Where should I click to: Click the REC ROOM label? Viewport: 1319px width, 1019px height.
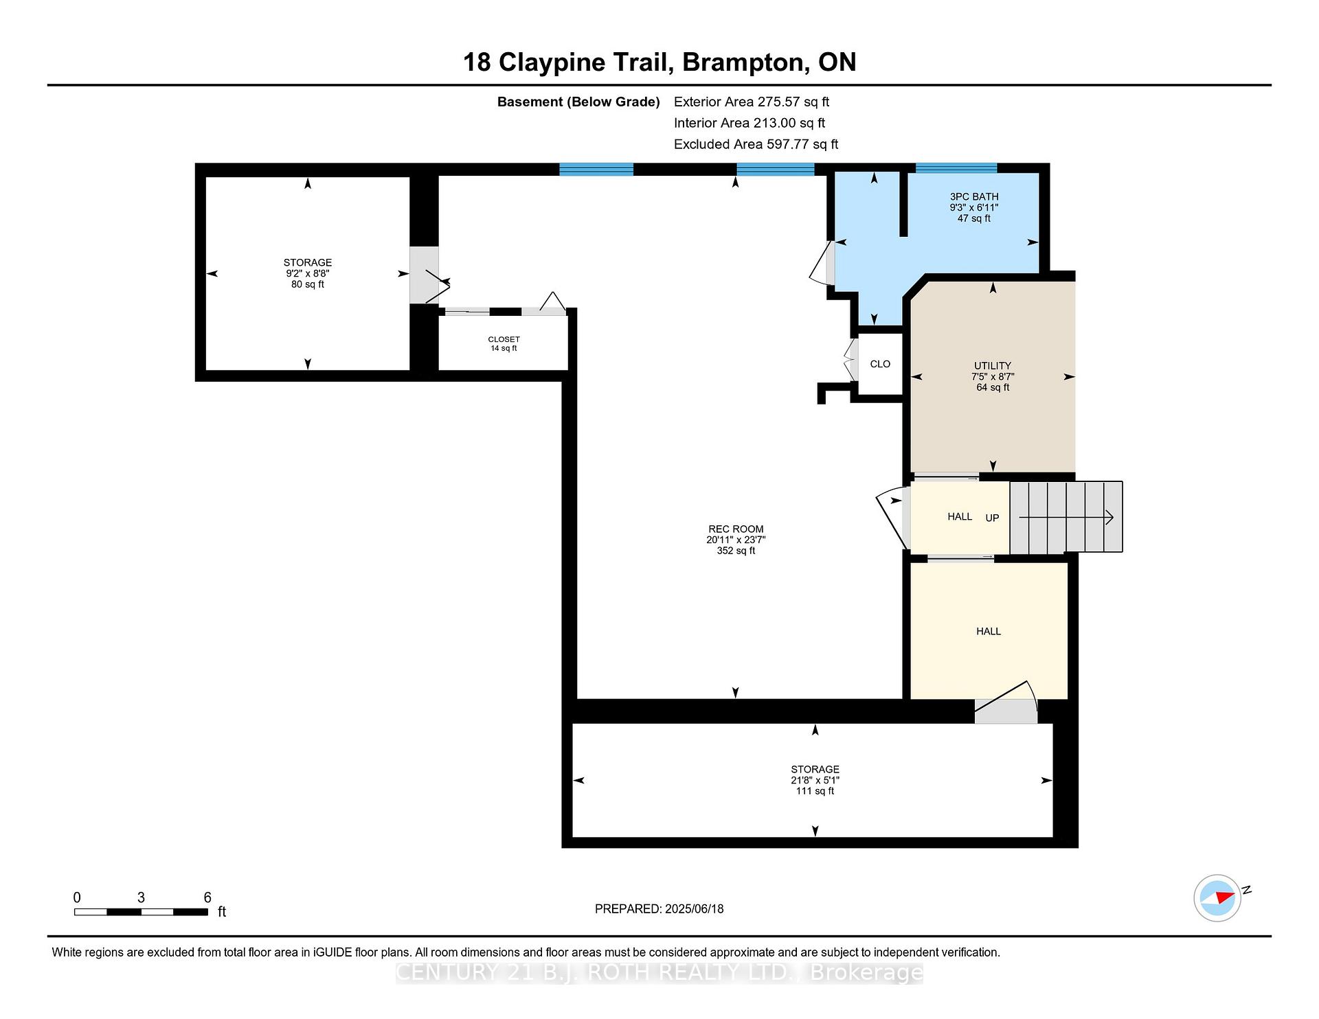(x=736, y=529)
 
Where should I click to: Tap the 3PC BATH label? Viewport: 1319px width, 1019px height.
(x=973, y=196)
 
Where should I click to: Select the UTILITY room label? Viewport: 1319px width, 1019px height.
(x=992, y=365)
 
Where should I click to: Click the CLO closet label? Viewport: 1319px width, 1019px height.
(x=879, y=364)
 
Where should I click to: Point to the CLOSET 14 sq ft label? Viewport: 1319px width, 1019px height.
(x=504, y=343)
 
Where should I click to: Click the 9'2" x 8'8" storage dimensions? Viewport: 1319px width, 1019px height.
(x=308, y=273)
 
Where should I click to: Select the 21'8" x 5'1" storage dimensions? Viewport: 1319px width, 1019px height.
(x=815, y=780)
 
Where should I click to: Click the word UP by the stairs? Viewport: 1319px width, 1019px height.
(x=992, y=518)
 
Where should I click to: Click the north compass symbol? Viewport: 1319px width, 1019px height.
(x=1218, y=897)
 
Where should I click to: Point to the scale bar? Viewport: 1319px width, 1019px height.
(x=141, y=912)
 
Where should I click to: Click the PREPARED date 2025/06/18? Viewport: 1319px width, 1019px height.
(x=659, y=908)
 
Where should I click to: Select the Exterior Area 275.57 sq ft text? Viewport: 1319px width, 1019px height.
(x=751, y=102)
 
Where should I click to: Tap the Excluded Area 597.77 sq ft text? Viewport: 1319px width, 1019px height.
(x=756, y=144)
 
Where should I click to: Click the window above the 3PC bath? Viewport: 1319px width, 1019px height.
(x=956, y=168)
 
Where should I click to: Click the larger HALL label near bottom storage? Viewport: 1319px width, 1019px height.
(x=988, y=631)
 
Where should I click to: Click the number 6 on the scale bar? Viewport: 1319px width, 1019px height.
(x=207, y=897)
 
